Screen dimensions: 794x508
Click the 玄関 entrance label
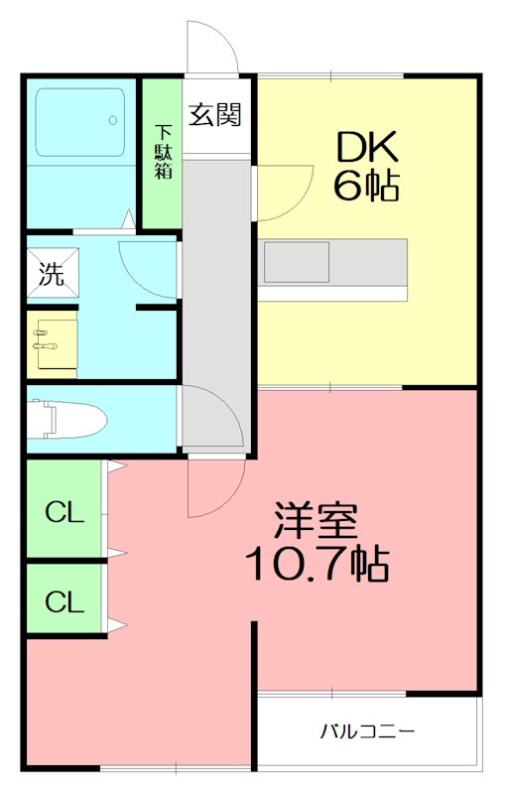216,115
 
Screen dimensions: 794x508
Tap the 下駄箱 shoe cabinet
161,151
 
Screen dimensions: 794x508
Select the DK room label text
366,148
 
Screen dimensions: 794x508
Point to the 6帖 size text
366,187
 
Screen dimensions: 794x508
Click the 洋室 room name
316,522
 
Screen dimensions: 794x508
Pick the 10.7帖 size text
316,565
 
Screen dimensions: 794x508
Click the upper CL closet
63,513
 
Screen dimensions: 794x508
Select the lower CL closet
63,601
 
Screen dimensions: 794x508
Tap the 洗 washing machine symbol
52,274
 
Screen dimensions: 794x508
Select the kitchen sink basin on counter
296,263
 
